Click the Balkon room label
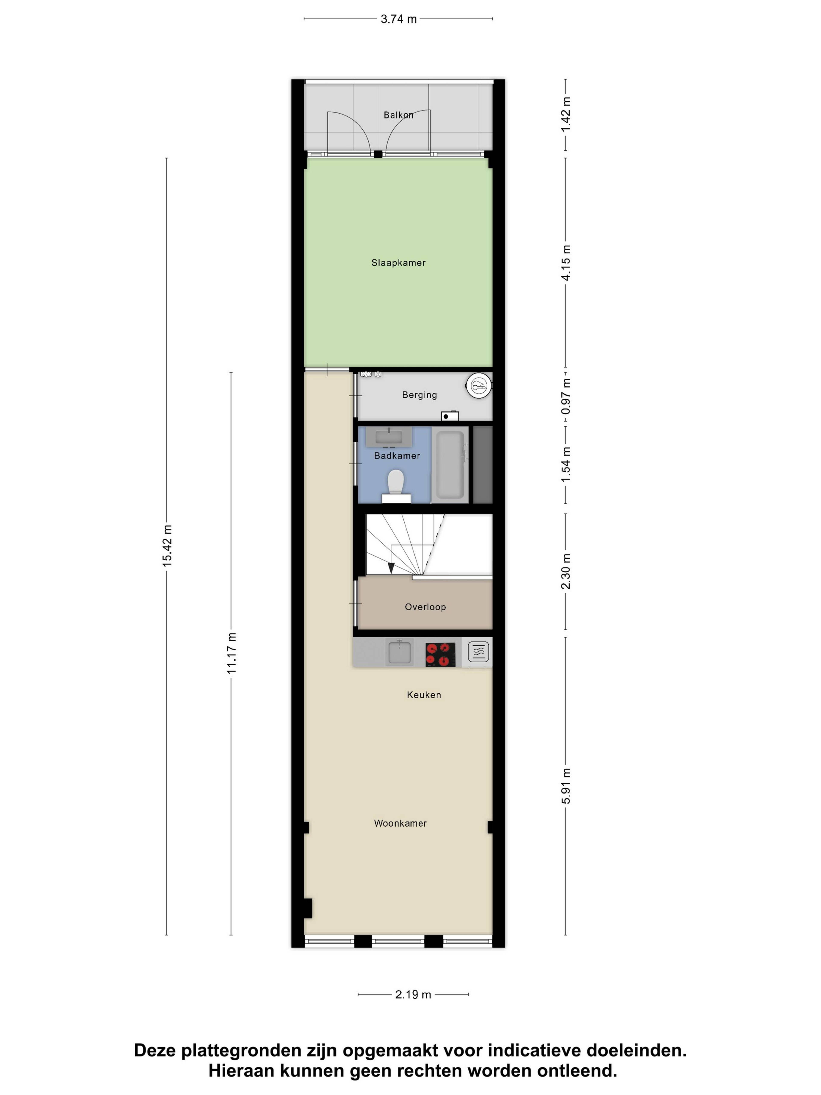[x=398, y=115]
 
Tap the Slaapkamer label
[x=398, y=263]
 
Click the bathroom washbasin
[x=389, y=437]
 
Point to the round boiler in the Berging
[x=478, y=385]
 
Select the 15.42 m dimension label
[x=167, y=546]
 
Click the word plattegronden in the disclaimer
[x=241, y=1051]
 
